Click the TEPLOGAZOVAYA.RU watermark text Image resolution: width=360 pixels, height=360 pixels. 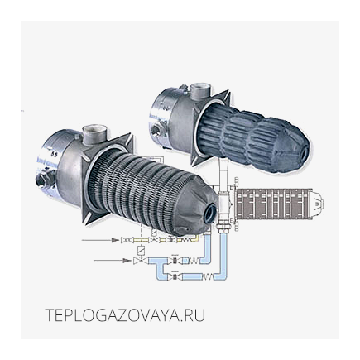(125, 315)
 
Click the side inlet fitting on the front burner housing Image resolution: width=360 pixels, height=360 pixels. (43, 179)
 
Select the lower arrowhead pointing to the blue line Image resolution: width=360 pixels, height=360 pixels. (127, 260)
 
